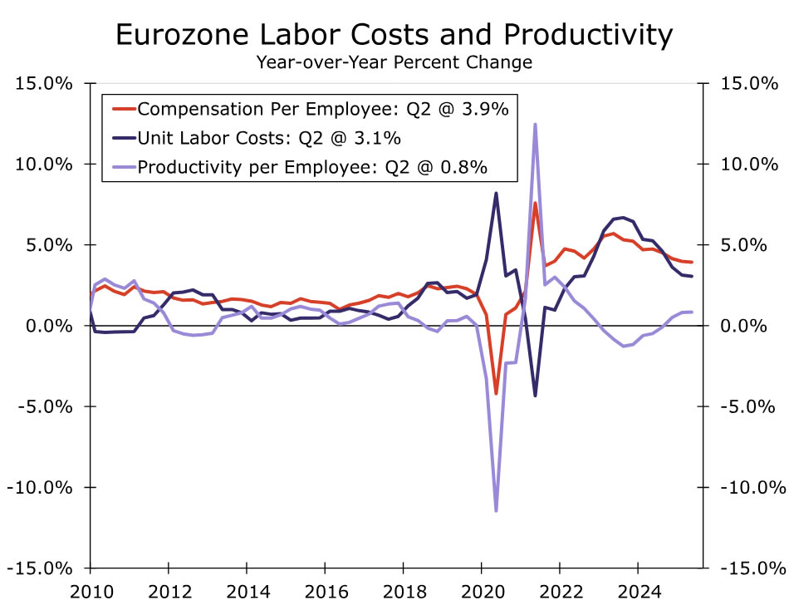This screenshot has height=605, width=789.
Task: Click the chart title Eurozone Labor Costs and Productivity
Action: pos(394,35)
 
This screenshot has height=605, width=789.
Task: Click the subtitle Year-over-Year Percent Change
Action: pos(394,62)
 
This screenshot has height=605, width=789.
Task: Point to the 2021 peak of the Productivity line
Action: pos(535,125)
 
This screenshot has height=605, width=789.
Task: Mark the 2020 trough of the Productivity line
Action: pos(496,510)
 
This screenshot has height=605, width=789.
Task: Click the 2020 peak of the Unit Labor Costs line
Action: pos(496,194)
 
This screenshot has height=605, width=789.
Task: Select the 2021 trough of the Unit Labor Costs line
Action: pos(535,396)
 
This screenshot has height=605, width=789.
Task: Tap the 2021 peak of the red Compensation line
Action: pos(535,204)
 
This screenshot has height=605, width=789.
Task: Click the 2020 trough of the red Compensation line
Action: pos(496,393)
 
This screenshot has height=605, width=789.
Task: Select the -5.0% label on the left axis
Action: pos(46,406)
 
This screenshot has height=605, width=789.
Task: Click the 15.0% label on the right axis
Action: pos(748,84)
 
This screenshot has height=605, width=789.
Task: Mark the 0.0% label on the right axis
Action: pos(748,326)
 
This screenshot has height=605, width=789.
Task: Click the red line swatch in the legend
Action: pos(122,109)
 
